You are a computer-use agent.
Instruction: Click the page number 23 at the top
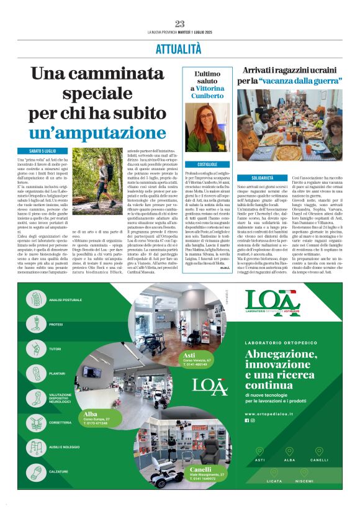pyautogui.click(x=179, y=24)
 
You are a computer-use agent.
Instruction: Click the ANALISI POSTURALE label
pyautogui.click(x=65, y=300)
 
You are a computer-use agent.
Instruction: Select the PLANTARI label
pyautogui.click(x=58, y=373)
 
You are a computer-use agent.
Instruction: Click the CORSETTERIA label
pyautogui.click(x=63, y=422)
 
